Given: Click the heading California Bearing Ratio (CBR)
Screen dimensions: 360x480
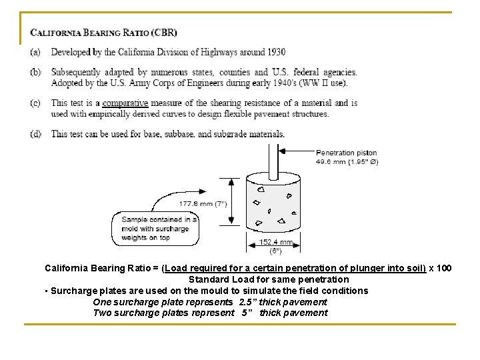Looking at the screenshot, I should pyautogui.click(x=103, y=33).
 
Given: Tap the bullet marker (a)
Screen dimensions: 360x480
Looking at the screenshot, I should pyautogui.click(x=35, y=52).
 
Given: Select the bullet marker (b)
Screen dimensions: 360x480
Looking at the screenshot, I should pyautogui.click(x=35, y=72).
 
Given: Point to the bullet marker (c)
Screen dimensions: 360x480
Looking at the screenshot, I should pyautogui.click(x=35, y=103).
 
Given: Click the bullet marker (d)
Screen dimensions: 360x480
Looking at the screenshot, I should pyautogui.click(x=35, y=134).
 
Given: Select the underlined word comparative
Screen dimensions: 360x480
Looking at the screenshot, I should pyautogui.click(x=125, y=103).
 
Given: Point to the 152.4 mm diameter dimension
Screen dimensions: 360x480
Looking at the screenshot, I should pyautogui.click(x=276, y=242).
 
